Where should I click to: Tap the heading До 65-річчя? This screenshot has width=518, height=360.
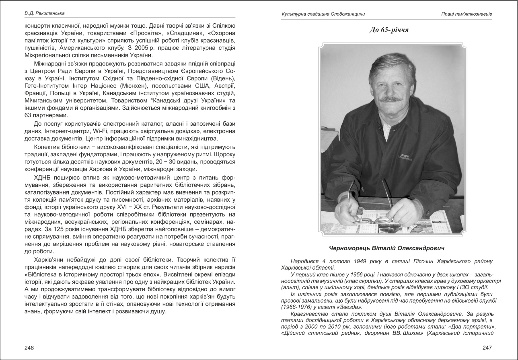(388, 30)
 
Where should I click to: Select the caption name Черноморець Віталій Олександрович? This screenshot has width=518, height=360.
(389, 248)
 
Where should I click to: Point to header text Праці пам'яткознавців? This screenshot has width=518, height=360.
(466, 14)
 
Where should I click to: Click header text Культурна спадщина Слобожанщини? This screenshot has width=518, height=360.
(323, 14)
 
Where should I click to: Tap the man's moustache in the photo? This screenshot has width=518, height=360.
(392, 98)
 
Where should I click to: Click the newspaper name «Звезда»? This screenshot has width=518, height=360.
(351, 307)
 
